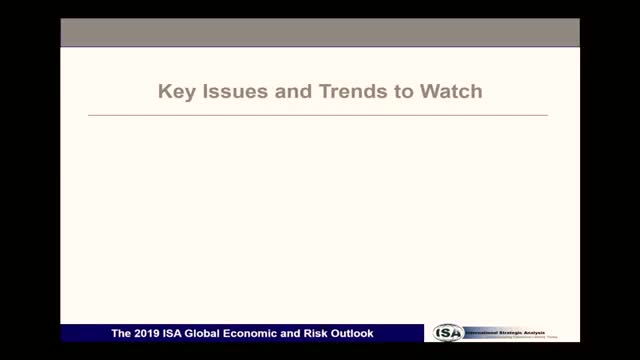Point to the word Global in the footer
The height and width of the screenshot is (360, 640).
[202, 333]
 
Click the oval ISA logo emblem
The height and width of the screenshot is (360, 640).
[451, 333]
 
